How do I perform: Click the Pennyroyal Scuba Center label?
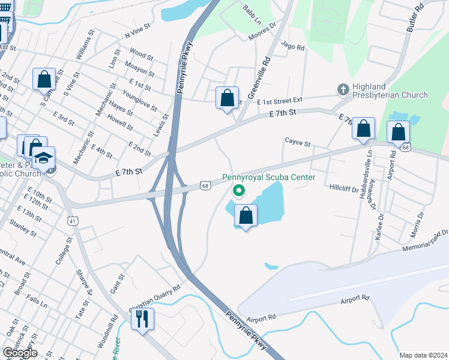click(268, 178)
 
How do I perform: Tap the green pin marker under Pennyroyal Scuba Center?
click(239, 191)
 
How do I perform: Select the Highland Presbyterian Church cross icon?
click(343, 90)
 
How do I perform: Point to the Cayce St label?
click(297, 143)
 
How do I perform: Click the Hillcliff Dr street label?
click(343, 188)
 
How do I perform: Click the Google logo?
click(20, 353)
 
